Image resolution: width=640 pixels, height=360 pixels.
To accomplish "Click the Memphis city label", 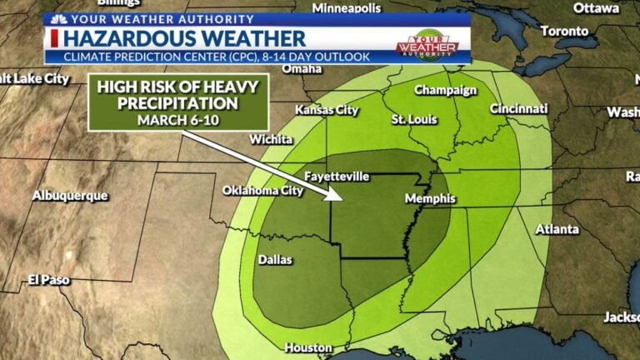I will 430,199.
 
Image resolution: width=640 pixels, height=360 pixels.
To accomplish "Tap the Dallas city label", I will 275,260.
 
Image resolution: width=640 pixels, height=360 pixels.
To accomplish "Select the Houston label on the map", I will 308,347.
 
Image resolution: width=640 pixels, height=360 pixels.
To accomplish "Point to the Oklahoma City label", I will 262,191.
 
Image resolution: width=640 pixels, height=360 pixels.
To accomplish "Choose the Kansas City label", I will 327,110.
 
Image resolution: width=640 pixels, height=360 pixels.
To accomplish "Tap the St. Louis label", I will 414,120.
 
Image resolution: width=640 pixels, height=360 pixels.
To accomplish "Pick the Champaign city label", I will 445,90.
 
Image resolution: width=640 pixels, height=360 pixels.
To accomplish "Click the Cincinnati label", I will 519,109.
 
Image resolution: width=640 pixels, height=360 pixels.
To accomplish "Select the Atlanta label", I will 557,229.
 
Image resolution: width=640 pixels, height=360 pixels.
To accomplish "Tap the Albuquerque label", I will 70,196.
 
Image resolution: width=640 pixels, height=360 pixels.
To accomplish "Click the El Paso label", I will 48,280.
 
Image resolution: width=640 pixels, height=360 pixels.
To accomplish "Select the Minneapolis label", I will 346,7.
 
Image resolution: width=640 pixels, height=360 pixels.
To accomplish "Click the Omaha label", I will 302,70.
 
